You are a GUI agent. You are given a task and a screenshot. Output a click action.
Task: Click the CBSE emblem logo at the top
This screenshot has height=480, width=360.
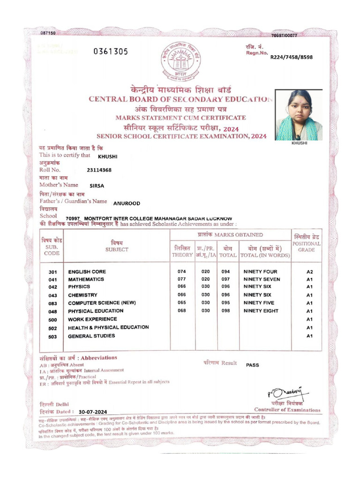pyautogui.click(x=180, y=61)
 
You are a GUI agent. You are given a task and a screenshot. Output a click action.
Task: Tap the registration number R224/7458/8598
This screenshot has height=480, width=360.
pyautogui.click(x=291, y=57)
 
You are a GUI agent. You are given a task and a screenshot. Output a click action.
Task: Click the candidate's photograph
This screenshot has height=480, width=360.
pyautogui.click(x=299, y=115)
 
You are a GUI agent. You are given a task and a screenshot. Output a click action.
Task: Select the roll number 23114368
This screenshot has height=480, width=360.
pyautogui.click(x=99, y=170)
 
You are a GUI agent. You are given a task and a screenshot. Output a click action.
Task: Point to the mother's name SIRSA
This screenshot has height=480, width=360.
pyautogui.click(x=97, y=186)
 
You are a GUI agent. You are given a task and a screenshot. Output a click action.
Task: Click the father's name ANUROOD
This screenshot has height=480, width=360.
pyautogui.click(x=127, y=203)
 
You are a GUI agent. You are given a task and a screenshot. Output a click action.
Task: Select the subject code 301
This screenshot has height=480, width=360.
pyautogui.click(x=52, y=272)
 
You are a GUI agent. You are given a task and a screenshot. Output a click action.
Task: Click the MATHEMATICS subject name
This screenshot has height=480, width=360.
pyautogui.click(x=86, y=279)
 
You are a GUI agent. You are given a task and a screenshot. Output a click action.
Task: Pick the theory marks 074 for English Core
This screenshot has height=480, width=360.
pyautogui.click(x=182, y=272)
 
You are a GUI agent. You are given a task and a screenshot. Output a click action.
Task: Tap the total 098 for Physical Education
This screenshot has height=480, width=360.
pyautogui.click(x=226, y=311)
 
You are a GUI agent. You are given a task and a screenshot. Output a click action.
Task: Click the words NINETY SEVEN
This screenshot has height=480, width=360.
pyautogui.click(x=262, y=279)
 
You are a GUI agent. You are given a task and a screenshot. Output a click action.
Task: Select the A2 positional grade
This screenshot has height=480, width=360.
pyautogui.click(x=309, y=272)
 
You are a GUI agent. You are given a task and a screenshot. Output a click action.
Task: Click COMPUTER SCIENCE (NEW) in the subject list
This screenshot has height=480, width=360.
pyautogui.click(x=102, y=303)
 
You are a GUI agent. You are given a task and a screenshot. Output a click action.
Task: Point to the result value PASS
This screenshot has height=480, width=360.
pyautogui.click(x=252, y=365)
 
